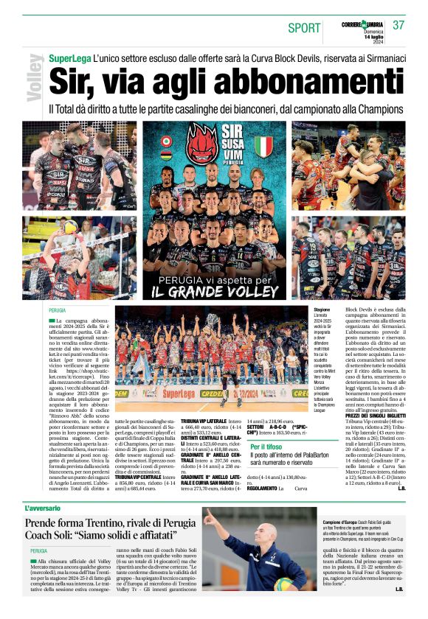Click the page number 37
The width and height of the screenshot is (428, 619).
(x=398, y=24)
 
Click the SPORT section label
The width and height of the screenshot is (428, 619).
(x=304, y=28)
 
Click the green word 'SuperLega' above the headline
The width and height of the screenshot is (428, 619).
(x=70, y=57)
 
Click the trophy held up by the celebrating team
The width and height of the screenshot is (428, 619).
(x=213, y=321)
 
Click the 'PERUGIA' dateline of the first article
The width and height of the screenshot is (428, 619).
(x=58, y=311)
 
